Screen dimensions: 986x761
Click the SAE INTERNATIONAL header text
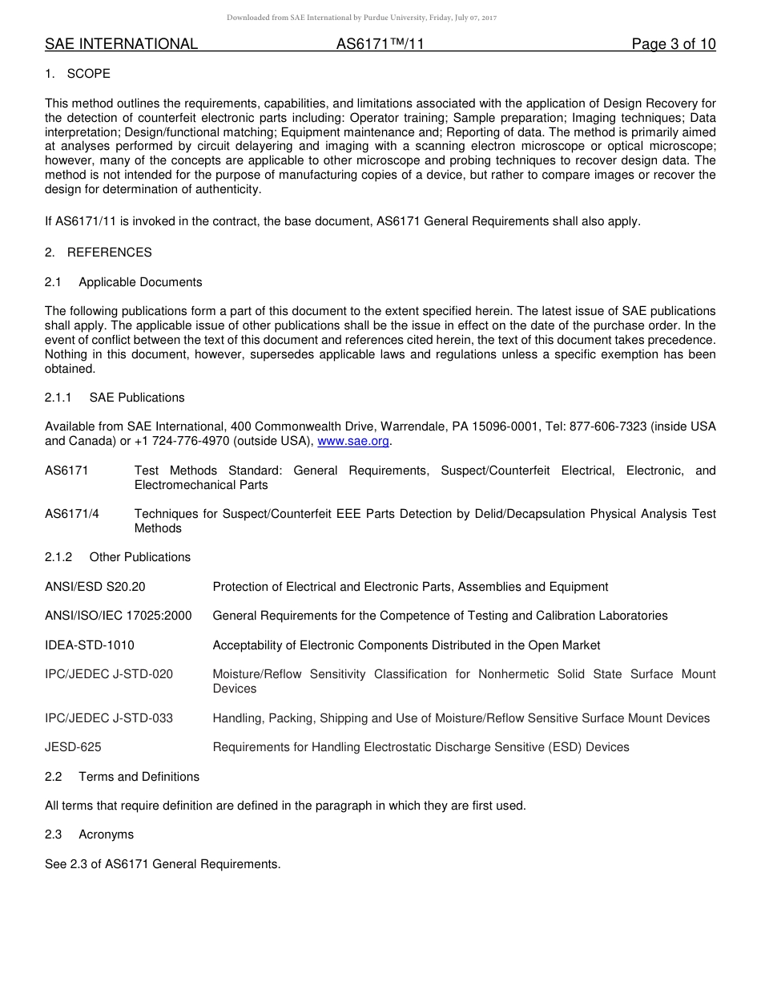[x=121, y=44]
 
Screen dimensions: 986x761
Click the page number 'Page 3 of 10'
[x=673, y=44]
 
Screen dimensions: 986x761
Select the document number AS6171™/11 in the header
[x=380, y=44]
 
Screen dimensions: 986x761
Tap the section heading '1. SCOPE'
[x=78, y=74]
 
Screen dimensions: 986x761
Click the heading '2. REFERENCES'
[x=98, y=253]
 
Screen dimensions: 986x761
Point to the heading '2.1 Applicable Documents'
[x=124, y=282]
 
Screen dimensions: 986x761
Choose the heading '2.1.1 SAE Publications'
[x=115, y=398]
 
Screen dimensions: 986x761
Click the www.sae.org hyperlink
[x=353, y=441]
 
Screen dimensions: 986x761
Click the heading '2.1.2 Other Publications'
[x=118, y=557]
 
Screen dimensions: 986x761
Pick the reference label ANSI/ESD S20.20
[x=95, y=587]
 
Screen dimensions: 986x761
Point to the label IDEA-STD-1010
[x=90, y=645]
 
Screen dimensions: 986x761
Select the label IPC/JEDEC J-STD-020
[x=109, y=674]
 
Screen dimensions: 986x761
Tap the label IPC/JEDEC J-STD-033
[x=109, y=718]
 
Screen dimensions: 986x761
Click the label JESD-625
[x=73, y=747]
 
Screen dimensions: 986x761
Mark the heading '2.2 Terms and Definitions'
[x=123, y=777]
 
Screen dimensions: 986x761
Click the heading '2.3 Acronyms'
[x=90, y=834]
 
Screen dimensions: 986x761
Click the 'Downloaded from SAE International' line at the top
[x=361, y=17]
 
